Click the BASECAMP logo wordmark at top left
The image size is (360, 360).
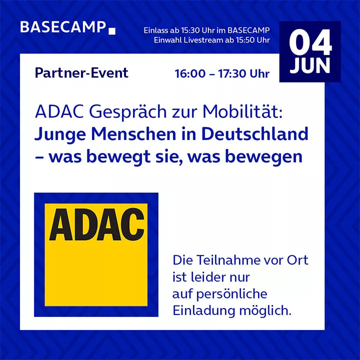click(63, 27)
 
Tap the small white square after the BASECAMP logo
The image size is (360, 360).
click(112, 31)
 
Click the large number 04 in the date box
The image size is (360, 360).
click(310, 42)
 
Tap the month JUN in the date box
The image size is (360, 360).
click(310, 65)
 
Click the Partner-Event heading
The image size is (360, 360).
click(81, 73)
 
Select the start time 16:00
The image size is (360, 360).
click(190, 73)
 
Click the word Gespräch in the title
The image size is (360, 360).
click(128, 112)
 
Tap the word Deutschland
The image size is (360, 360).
click(255, 134)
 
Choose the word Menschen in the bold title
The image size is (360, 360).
click(133, 134)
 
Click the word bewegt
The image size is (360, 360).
click(118, 157)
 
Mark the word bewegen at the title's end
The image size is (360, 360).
click(264, 157)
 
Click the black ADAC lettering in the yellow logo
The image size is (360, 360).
click(96, 224)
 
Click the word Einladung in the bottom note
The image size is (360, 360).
click(204, 310)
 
